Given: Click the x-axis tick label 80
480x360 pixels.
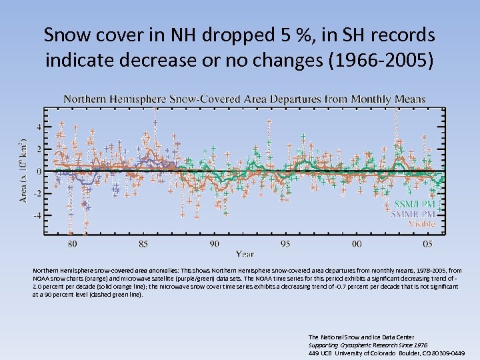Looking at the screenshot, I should coord(72,243).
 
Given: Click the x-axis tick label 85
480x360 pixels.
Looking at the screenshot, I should coord(143,243).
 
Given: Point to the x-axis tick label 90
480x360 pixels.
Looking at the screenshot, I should coord(214,243).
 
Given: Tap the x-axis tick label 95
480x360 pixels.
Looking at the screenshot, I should coord(285,243).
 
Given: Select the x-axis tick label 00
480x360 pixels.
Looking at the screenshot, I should coord(357,243).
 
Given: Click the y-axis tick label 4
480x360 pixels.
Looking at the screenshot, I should coord(39,127).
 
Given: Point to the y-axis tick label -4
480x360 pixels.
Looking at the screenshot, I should coord(37,215).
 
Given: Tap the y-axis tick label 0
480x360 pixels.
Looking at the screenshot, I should coord(39,171).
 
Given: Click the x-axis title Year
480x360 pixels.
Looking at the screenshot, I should coord(244,253).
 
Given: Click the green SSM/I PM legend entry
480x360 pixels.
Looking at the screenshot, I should coord(415,204).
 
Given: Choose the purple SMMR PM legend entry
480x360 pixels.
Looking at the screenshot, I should coord(413,214).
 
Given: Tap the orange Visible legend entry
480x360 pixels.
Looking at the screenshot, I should coord(421,224).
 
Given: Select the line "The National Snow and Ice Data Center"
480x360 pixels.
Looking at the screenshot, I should coord(361,337).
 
